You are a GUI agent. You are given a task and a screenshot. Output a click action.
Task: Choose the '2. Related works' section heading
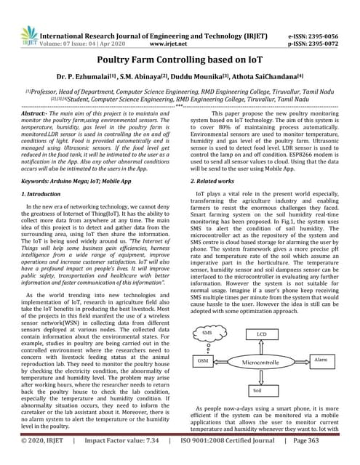(x=216, y=179)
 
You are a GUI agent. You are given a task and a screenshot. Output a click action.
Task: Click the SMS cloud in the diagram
(x=207, y=334)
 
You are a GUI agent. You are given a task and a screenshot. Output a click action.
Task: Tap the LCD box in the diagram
(x=262, y=334)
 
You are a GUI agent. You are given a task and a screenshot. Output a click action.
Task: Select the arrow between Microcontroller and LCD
(x=262, y=347)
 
